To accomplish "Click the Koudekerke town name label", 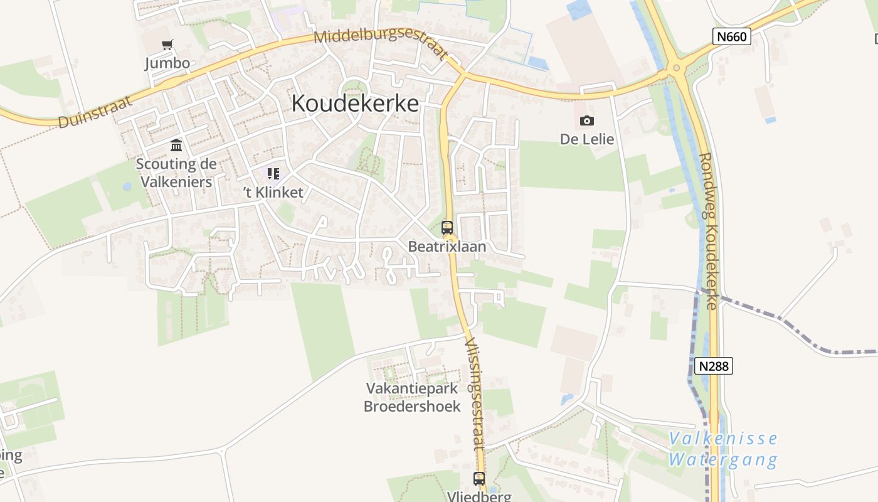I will [355, 104].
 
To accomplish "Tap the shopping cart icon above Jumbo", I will [167, 45].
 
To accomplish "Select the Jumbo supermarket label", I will [167, 63].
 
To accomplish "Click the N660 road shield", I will [732, 36].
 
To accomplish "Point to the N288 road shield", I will [714, 365].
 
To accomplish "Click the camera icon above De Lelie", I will [587, 120].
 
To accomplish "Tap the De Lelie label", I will [587, 139].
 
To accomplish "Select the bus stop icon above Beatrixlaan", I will [447, 228].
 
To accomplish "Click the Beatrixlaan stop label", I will [447, 247].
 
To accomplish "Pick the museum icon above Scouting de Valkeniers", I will [176, 146].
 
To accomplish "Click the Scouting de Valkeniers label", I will [176, 173].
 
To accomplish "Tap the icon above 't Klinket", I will [273, 173].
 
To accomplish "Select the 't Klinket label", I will [273, 193].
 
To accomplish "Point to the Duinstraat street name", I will [95, 112].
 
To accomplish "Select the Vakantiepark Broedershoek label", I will [412, 397].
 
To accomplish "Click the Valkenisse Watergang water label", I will [722, 449].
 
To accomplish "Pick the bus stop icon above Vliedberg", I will [479, 479].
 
